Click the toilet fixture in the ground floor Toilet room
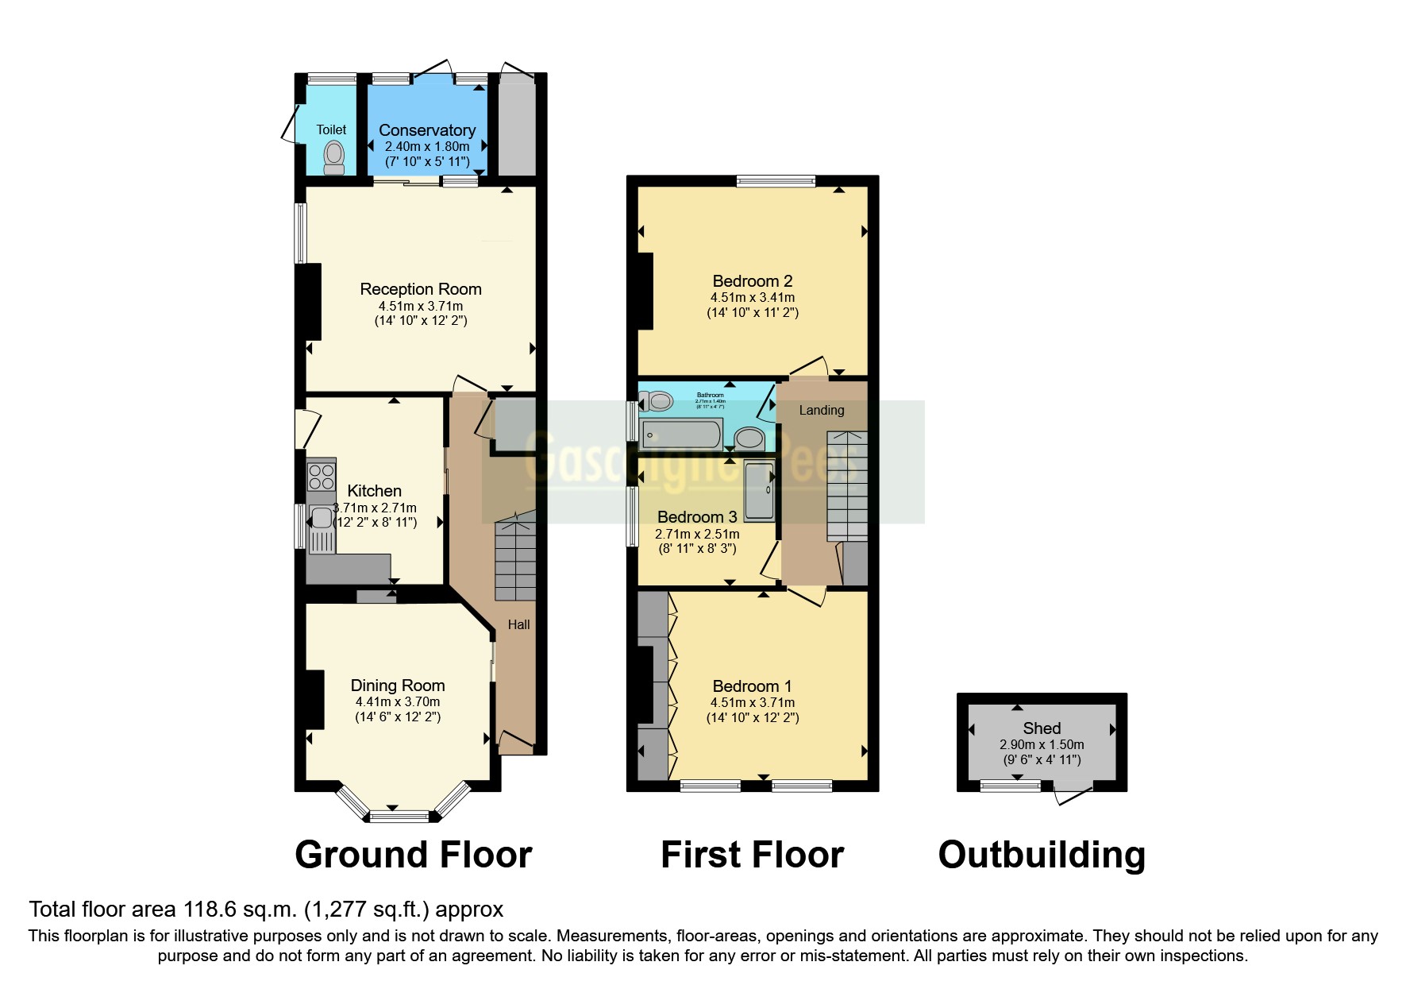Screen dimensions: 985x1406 click(x=334, y=156)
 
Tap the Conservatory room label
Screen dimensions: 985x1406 click(x=427, y=130)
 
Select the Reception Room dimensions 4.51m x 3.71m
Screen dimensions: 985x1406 click(x=421, y=306)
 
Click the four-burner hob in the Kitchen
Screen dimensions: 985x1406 click(x=322, y=476)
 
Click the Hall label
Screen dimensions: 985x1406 click(x=518, y=625)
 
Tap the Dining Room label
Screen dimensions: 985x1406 click(x=398, y=686)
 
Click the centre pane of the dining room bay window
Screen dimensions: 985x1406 click(x=399, y=816)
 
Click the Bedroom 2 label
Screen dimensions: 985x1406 click(x=752, y=281)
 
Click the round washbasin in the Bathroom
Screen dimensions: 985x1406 click(x=749, y=438)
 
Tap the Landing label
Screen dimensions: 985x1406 click(x=821, y=410)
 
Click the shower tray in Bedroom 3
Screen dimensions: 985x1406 click(x=759, y=490)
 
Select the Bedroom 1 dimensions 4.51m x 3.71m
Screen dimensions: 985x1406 click(x=752, y=702)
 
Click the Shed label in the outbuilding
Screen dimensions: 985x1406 click(x=1042, y=728)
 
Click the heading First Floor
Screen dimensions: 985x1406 click(x=752, y=855)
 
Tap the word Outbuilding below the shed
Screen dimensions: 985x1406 click(x=1042, y=855)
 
